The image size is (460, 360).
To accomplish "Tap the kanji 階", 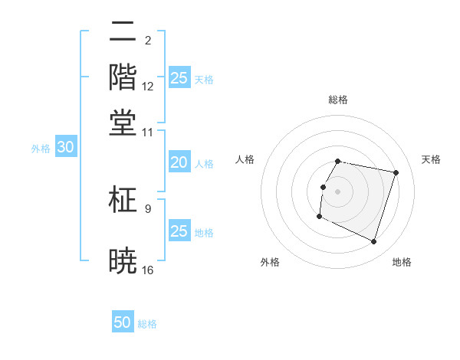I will (123, 77).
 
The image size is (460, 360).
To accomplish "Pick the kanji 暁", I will (123, 260).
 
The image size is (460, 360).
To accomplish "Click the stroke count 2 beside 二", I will (148, 40).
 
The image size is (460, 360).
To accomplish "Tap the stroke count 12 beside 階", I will (148, 87).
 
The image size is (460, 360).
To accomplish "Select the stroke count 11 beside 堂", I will (148, 133).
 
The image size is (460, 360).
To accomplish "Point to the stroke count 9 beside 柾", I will (148, 208).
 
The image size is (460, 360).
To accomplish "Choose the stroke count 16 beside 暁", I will (148, 270).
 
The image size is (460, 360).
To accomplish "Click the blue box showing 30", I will (65, 147).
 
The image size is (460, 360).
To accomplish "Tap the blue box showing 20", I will (179, 162).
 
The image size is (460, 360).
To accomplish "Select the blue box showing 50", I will (123, 322).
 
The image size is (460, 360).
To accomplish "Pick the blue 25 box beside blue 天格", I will (179, 78).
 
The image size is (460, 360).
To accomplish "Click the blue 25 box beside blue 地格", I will (179, 231).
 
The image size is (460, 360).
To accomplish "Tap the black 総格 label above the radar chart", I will (338, 100).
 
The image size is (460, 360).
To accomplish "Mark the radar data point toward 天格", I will (396, 173).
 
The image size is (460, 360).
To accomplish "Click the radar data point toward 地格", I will (373, 241).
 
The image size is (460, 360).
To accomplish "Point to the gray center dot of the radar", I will (338, 191).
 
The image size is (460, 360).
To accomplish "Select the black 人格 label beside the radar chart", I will (245, 159).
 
